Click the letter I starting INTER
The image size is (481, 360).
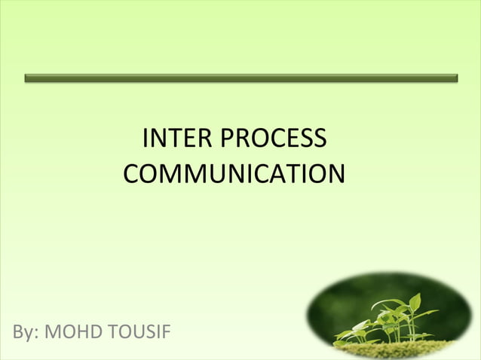coord(146,139)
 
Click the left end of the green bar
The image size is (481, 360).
coord(27,78)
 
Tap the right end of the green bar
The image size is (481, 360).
coord(455,78)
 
